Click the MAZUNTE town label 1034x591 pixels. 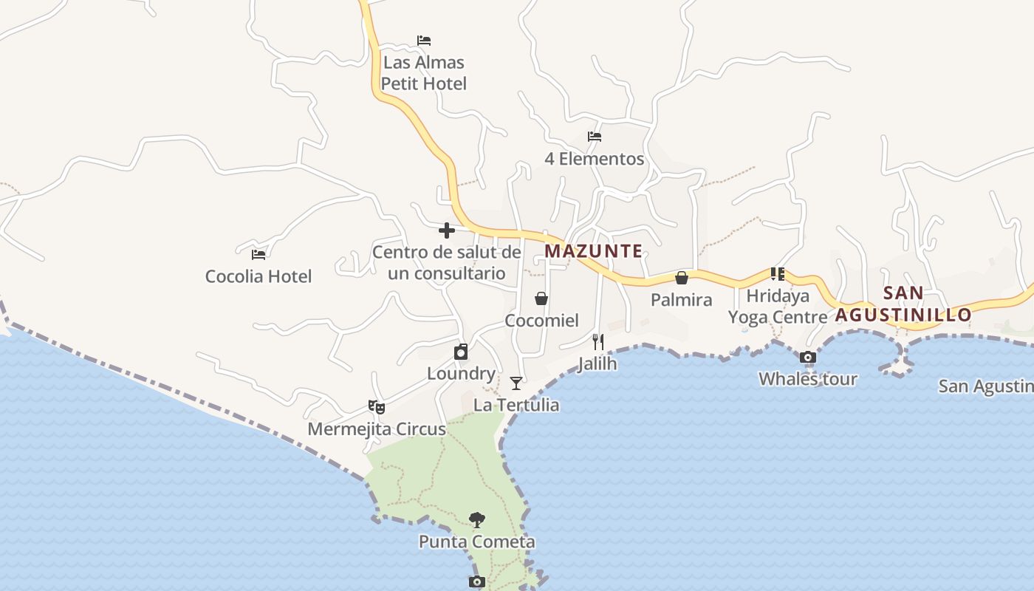point(593,251)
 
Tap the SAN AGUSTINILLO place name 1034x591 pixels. point(903,304)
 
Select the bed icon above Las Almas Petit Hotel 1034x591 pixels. point(424,41)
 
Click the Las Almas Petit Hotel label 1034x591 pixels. point(424,73)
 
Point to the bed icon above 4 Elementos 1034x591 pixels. point(595,137)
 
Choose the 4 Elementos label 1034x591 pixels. point(595,159)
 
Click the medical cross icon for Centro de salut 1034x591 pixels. point(446,230)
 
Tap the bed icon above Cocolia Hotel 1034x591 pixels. point(258,255)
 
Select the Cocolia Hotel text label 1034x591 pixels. point(258,276)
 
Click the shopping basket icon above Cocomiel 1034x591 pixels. point(541,298)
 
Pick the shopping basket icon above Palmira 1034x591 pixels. point(682,278)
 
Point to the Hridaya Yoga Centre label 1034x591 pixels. point(778,307)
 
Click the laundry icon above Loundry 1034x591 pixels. point(461,352)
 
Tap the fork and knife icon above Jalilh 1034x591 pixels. point(598,342)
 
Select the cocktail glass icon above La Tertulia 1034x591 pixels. point(516,383)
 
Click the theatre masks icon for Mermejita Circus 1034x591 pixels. point(377,406)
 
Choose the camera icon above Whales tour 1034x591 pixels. point(808,358)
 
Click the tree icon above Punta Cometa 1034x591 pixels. point(477,519)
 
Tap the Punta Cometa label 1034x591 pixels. point(477,542)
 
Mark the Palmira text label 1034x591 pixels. point(682,300)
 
